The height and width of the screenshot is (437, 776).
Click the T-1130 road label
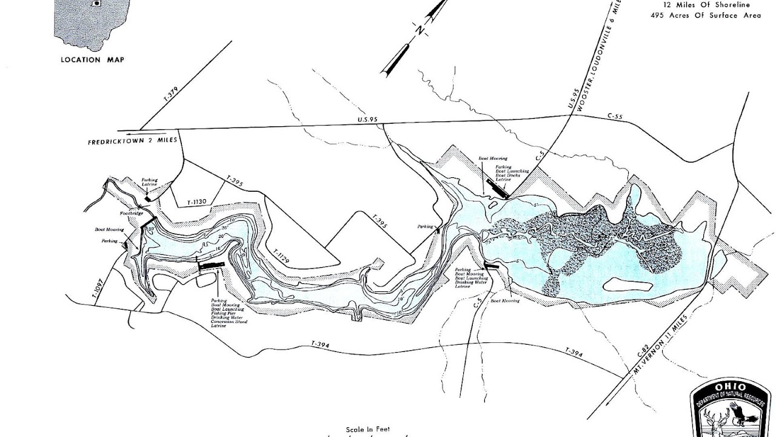(x=198, y=202)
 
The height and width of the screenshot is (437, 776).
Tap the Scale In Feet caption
(x=368, y=429)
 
